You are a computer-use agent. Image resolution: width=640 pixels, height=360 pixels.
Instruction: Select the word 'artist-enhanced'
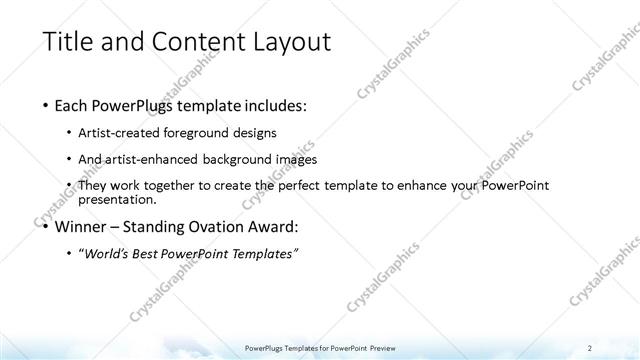[x=162, y=159]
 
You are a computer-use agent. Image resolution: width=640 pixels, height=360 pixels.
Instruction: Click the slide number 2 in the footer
[x=590, y=347]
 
